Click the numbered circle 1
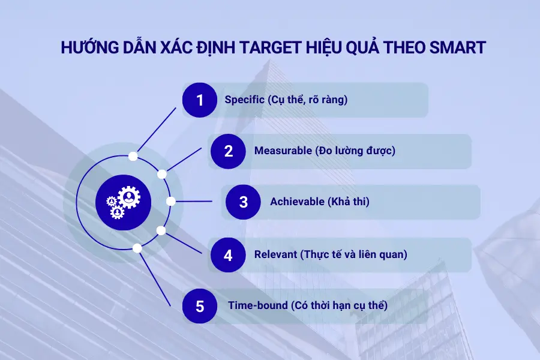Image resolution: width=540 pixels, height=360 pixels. [x=200, y=100]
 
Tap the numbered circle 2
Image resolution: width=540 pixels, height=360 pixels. [x=228, y=151]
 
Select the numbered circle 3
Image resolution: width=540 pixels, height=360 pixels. [x=243, y=202]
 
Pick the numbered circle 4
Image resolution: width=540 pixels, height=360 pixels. [x=228, y=254]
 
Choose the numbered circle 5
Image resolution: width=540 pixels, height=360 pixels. [x=200, y=305]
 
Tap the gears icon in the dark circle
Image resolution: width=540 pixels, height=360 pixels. [x=122, y=202]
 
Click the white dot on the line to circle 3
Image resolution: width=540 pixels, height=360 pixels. [x=171, y=202]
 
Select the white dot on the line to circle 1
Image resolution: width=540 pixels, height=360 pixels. [x=133, y=156]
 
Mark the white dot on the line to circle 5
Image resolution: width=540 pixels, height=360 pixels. [x=137, y=248]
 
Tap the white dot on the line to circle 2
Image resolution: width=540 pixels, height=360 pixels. [x=161, y=174]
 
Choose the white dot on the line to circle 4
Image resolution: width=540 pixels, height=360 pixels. [x=161, y=230]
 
